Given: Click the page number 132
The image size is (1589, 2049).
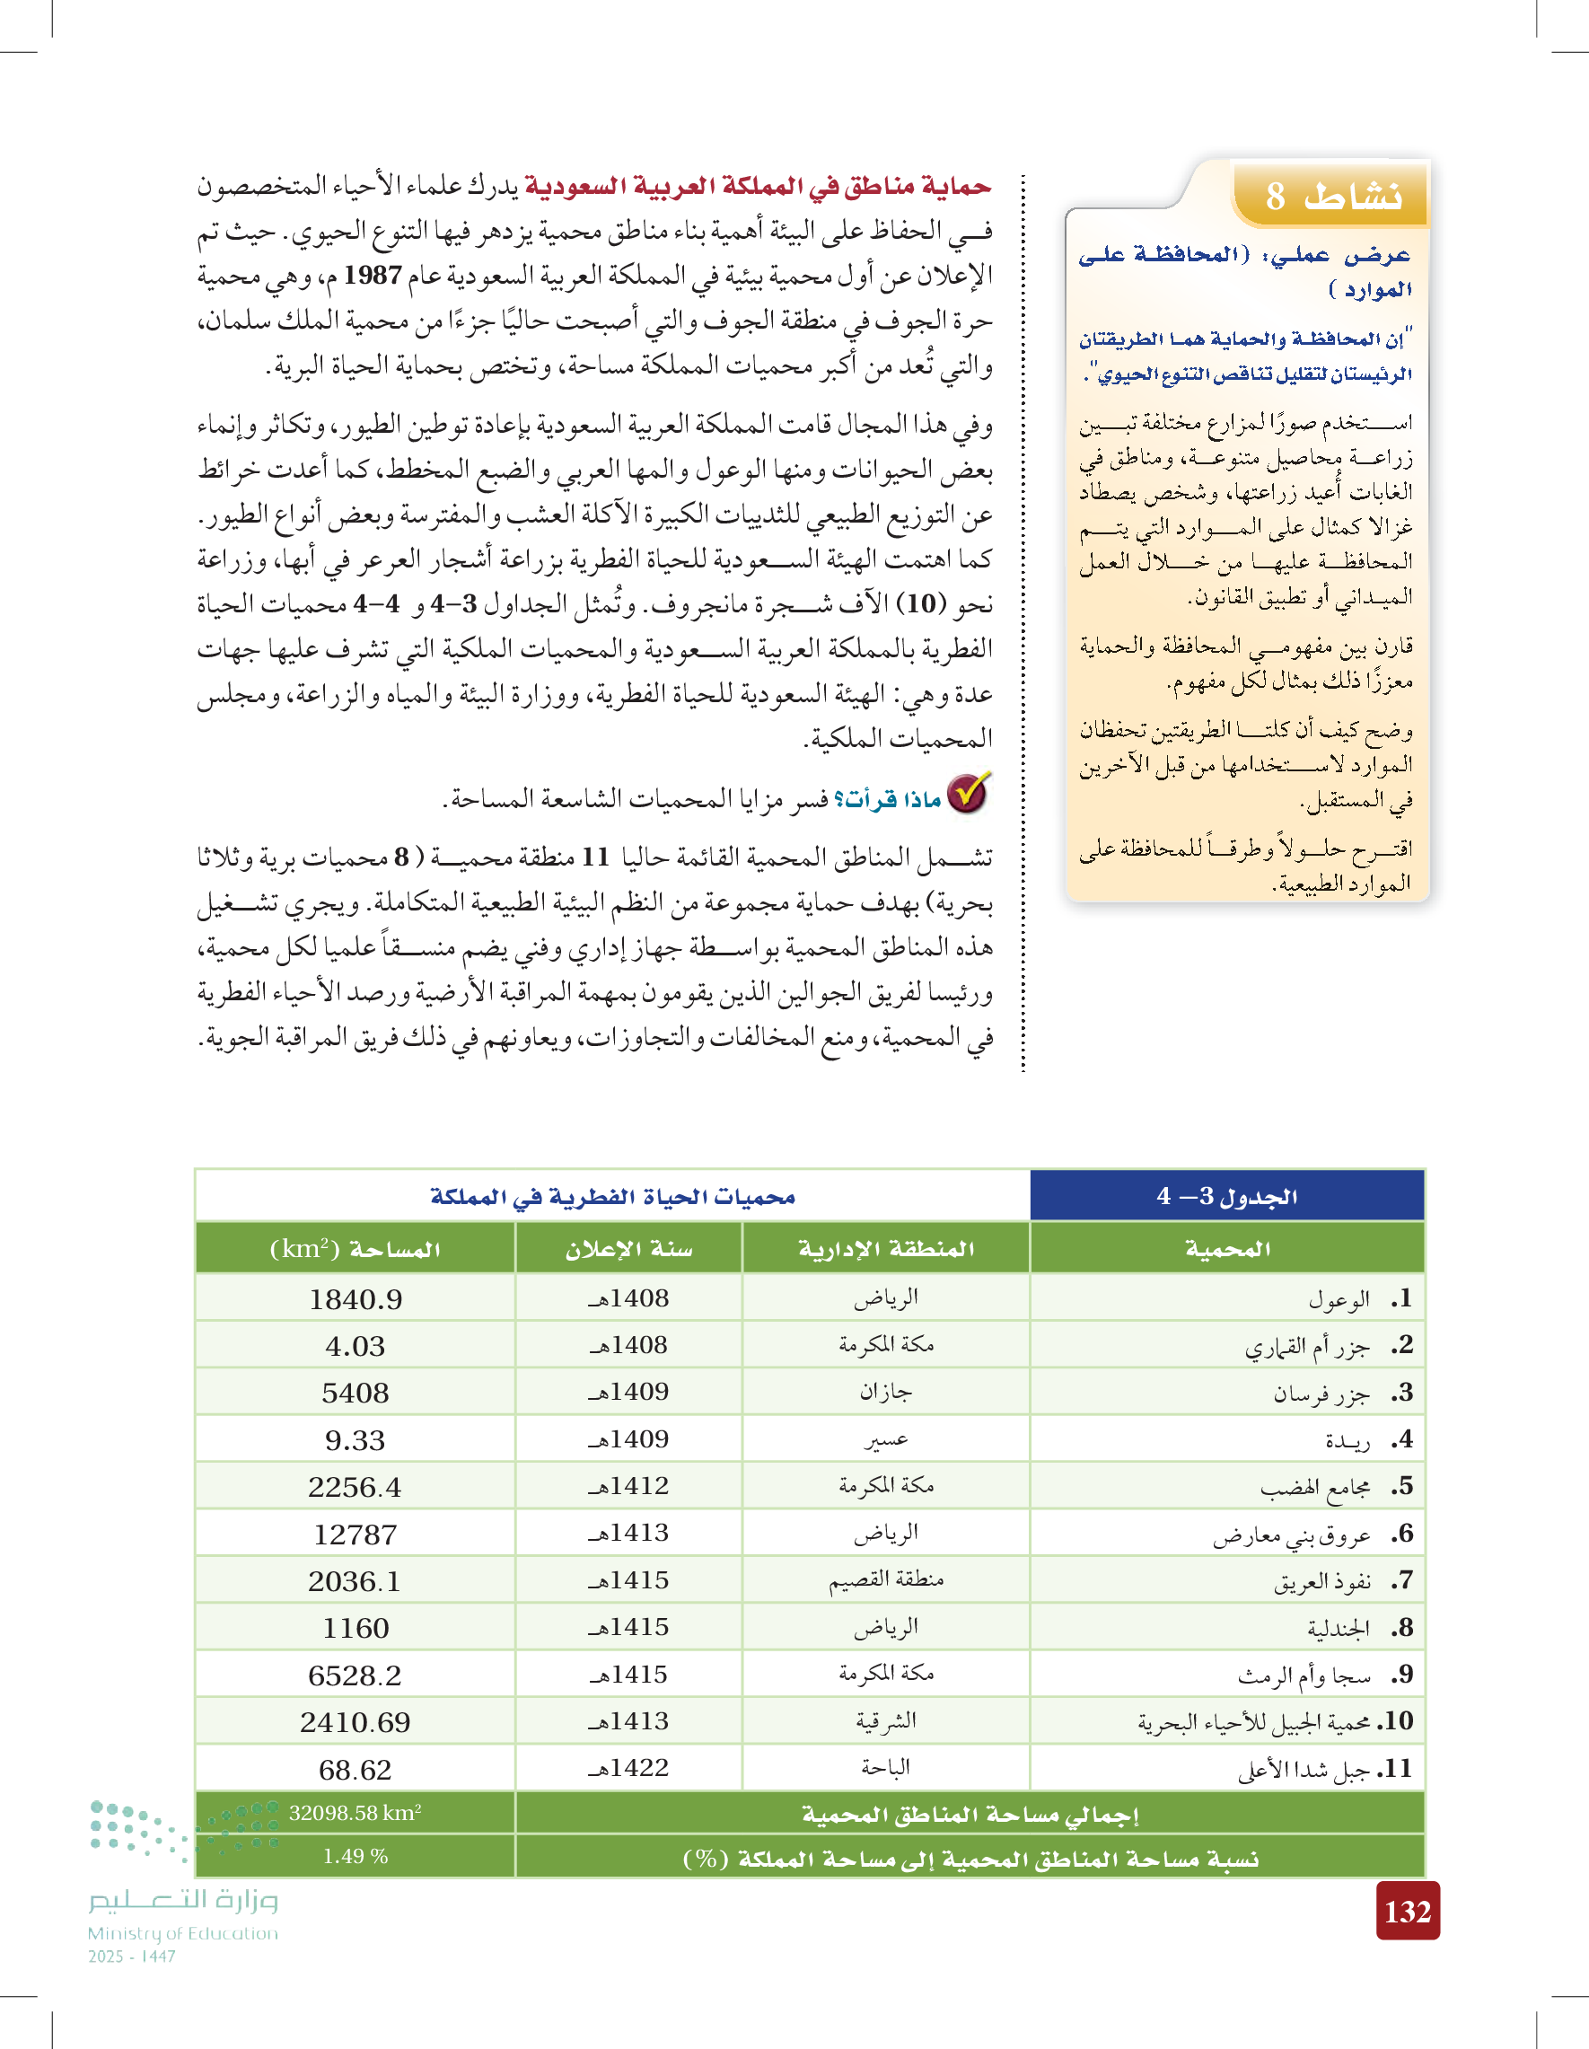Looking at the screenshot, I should coord(1407,1911).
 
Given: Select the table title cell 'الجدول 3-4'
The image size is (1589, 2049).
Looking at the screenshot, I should coord(1226,1196).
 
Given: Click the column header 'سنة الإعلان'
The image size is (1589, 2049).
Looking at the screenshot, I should coord(628,1249).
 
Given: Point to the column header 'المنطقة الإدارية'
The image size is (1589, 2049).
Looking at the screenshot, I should coord(885,1249).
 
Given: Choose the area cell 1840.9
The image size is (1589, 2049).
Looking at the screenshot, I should coord(356,1299).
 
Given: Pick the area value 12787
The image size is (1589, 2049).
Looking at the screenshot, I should coord(356,1535).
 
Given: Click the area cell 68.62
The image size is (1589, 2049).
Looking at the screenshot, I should coord(356,1771).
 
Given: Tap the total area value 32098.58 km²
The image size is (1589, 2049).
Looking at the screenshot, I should coord(356,1814).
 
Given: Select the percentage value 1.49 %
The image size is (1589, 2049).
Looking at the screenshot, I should coord(356,1857).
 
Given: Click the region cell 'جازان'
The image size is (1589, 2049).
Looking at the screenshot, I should coord(885,1393).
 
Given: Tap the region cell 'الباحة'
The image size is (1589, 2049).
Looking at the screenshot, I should coord(885,1769).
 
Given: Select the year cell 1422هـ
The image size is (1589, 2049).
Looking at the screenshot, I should coord(628,1769).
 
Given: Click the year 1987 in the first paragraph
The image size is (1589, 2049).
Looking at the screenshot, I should coord(373,276).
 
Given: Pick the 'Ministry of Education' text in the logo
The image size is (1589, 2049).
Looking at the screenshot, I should coord(183,1933).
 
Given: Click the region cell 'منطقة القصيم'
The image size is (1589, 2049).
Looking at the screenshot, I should coord(885,1581).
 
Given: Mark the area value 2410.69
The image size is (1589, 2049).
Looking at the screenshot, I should coord(356,1722).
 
